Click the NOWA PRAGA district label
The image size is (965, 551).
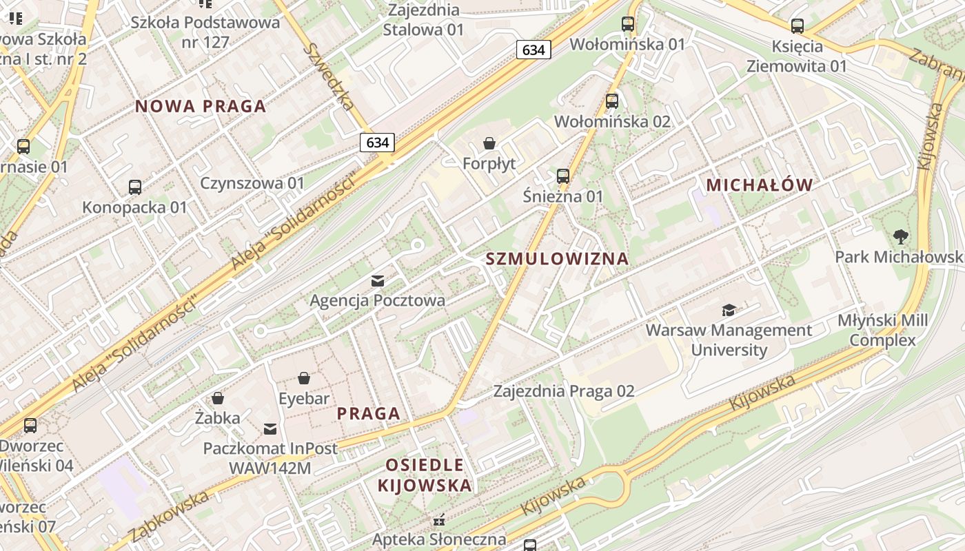pyautogui.click(x=201, y=106)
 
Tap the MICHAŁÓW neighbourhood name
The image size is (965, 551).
pyautogui.click(x=760, y=185)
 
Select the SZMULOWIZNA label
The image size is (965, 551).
pyautogui.click(x=557, y=259)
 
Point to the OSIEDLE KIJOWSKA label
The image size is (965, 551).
pyautogui.click(x=425, y=475)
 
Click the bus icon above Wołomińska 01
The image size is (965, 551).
pyautogui.click(x=627, y=24)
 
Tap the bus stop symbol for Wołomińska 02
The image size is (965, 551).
pyautogui.click(x=612, y=102)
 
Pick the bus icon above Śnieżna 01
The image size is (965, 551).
pyautogui.click(x=563, y=176)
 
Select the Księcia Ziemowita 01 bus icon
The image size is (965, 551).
pyautogui.click(x=798, y=27)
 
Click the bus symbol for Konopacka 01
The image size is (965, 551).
pyautogui.click(x=135, y=187)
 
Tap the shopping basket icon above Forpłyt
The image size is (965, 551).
pyautogui.click(x=489, y=143)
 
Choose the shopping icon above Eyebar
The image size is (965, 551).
pyautogui.click(x=304, y=378)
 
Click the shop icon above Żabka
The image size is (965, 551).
pyautogui.click(x=218, y=398)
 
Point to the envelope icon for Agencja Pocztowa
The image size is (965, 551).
pyautogui.click(x=378, y=280)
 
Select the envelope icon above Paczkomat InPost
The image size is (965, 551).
pyautogui.click(x=270, y=429)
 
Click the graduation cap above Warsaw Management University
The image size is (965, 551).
pyautogui.click(x=729, y=311)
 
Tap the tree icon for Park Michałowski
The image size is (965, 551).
pyautogui.click(x=900, y=237)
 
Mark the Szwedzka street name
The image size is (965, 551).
pyautogui.click(x=329, y=76)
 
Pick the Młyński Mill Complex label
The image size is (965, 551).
pyautogui.click(x=882, y=330)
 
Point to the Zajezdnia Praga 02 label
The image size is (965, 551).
pyautogui.click(x=564, y=391)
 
